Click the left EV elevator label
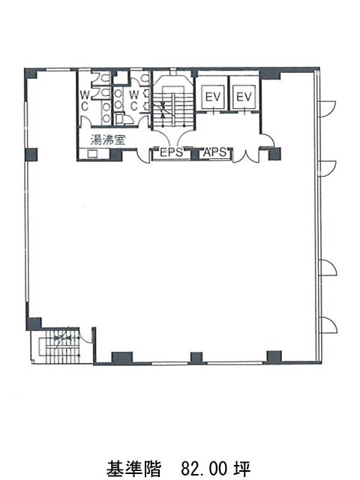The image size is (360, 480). pyautogui.click(x=213, y=97)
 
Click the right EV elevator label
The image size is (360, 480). pyautogui.click(x=244, y=97)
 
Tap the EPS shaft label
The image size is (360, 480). pyautogui.click(x=172, y=152)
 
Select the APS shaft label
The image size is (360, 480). pyautogui.click(x=215, y=152)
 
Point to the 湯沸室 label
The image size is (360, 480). pyautogui.click(x=108, y=140)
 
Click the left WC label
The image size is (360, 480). pyautogui.click(x=85, y=100)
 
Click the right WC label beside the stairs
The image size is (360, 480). pyautogui.click(x=134, y=100)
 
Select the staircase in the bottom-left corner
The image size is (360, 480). pyautogui.click(x=60, y=345)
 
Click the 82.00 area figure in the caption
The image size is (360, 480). pyautogui.click(x=204, y=468)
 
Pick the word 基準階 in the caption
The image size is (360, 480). pyautogui.click(x=133, y=468)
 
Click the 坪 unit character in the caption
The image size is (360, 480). pyautogui.click(x=242, y=468)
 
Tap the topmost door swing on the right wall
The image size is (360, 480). pyautogui.click(x=328, y=109)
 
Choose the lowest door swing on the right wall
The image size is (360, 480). pyautogui.click(x=328, y=325)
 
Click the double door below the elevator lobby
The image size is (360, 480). pyautogui.click(x=246, y=155)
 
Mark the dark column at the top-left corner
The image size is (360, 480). pyautogui.click(x=31, y=73)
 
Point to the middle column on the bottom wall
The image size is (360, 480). pyautogui.click(x=196, y=358)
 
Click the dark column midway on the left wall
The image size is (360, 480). pyautogui.click(x=31, y=154)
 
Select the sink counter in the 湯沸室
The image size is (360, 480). pyautogui.click(x=93, y=153)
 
